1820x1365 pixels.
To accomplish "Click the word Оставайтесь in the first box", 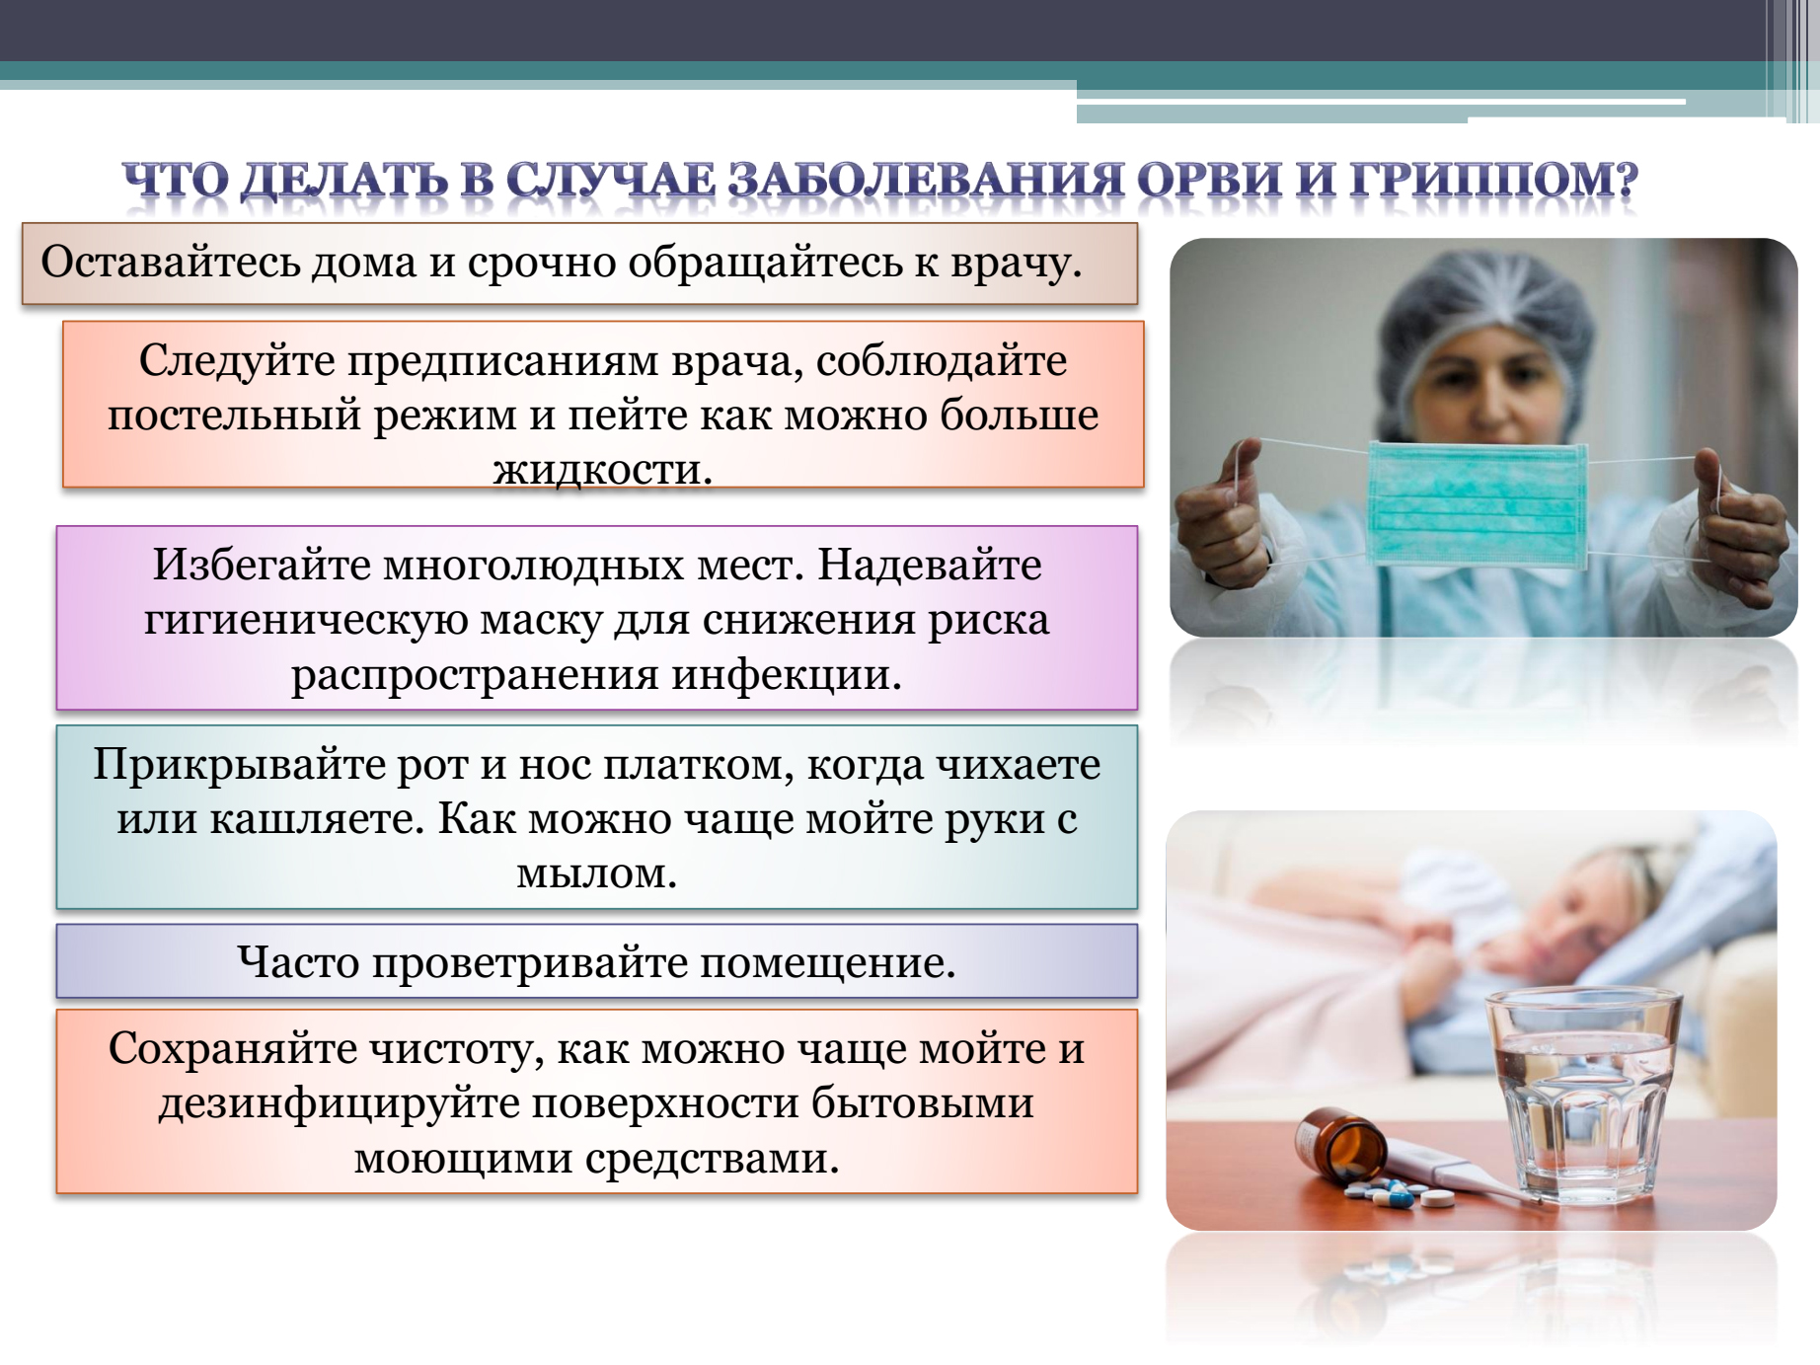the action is (170, 263).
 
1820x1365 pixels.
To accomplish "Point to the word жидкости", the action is (602, 469).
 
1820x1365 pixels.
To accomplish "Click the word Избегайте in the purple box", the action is (261, 566).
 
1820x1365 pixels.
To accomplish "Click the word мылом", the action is (596, 873).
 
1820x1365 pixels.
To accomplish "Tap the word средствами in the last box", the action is (711, 1157).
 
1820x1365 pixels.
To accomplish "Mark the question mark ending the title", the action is (1624, 180).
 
